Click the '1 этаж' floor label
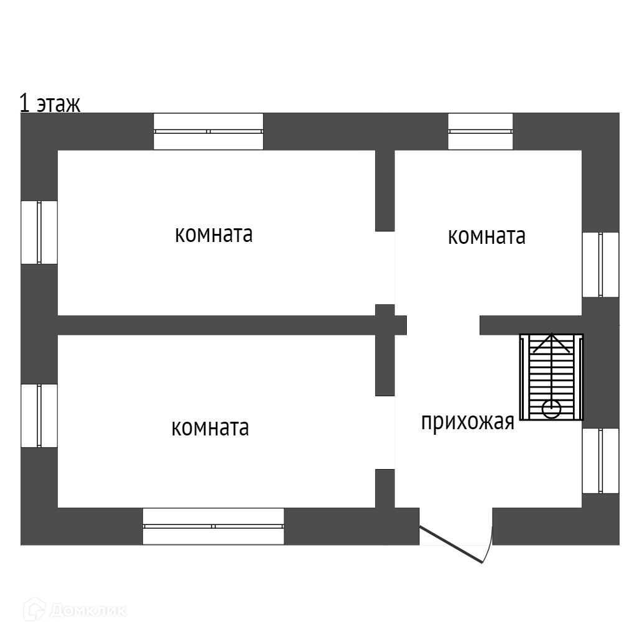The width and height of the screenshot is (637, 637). [50, 103]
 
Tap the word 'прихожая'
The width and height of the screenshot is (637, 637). [467, 422]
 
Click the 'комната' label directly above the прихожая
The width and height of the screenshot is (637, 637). [486, 236]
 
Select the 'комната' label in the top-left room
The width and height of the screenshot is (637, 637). [213, 235]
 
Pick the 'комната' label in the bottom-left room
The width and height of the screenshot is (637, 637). [210, 428]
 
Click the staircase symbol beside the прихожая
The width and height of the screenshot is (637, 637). [551, 377]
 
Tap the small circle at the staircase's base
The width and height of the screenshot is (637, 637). [551, 409]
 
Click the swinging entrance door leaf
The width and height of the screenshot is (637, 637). [452, 545]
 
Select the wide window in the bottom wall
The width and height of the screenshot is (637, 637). [213, 526]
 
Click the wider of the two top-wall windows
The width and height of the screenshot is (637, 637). [208, 131]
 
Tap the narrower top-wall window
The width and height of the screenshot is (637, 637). [480, 131]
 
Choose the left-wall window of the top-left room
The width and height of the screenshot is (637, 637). [39, 232]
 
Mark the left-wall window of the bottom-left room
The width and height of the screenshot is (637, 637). [39, 416]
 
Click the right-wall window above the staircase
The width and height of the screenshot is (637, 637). [600, 264]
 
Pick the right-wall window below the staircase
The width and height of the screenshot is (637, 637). [600, 461]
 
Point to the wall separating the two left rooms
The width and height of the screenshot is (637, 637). [218, 325]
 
